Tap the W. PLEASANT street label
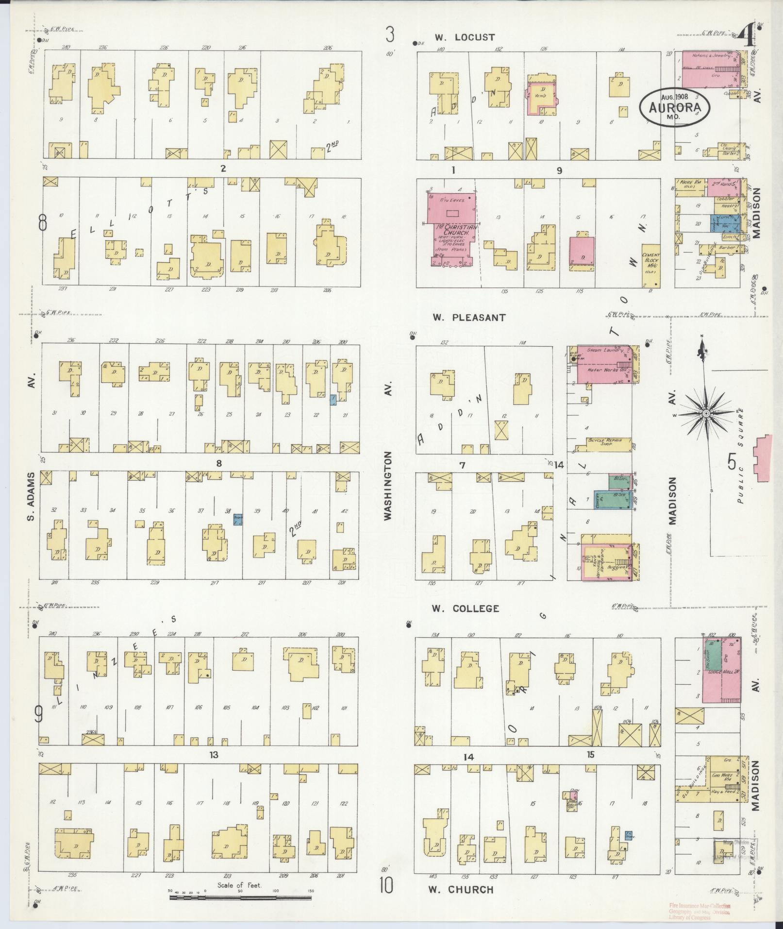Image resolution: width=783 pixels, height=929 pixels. click(x=469, y=318)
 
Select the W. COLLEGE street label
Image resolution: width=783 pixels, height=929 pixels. click(x=466, y=608)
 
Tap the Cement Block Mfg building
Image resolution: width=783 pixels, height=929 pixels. click(x=650, y=265)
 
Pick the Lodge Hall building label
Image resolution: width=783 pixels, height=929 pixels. click(x=719, y=671)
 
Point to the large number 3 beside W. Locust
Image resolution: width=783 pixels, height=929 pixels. click(x=390, y=35)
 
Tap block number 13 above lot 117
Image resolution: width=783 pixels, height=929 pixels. click(x=214, y=768)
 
